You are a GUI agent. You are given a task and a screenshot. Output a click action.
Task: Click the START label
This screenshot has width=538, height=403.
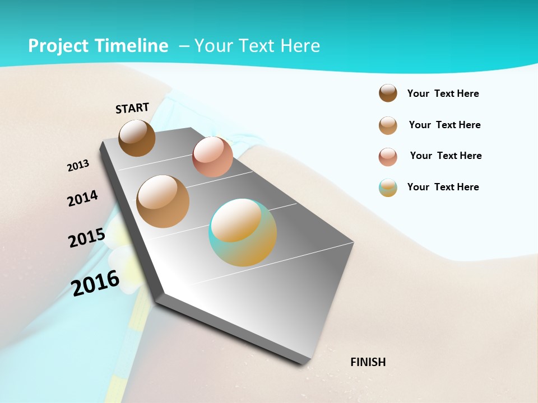132,108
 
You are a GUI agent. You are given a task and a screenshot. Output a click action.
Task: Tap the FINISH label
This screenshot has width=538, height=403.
368,362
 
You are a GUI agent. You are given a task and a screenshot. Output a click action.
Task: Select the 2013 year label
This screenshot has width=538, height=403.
78,166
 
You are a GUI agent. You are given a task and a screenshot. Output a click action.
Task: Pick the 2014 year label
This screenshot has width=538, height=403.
83,198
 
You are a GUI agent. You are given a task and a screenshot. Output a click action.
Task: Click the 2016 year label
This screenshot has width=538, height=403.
96,283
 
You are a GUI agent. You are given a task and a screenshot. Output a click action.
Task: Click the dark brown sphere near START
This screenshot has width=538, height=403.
137,138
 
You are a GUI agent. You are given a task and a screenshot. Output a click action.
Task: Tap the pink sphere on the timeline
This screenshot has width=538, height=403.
212,157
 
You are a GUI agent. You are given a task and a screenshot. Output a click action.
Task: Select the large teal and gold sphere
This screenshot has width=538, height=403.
243,232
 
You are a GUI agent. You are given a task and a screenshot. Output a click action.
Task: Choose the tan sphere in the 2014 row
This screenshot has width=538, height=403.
163,201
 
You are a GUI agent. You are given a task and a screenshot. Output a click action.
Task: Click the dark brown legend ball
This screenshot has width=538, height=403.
388,93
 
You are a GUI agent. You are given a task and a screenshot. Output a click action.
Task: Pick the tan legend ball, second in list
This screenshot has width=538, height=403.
388,125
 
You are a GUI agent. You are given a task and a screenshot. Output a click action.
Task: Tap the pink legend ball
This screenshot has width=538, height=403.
388,157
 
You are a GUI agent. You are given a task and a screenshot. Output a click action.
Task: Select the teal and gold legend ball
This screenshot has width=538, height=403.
388,188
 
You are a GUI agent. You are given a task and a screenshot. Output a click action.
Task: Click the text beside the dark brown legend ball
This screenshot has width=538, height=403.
443,94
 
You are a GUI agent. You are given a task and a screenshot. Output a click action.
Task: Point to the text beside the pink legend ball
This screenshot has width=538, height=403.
446,156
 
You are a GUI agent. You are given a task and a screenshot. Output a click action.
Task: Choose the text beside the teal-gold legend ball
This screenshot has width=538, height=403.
443,187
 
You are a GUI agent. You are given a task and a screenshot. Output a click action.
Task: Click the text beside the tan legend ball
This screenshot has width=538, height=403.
445,125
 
